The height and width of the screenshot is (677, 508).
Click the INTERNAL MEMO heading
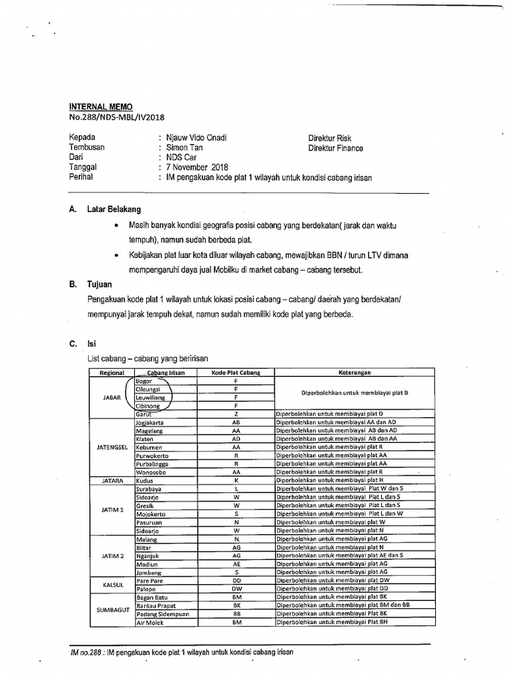coord(101,107)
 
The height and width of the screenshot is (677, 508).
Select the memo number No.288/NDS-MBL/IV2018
coord(116,118)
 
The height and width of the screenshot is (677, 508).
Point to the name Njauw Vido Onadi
coord(196,138)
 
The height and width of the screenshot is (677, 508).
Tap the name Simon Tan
coord(185,148)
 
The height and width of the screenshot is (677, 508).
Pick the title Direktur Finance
coord(335,148)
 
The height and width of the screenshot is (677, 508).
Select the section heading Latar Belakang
coord(114,210)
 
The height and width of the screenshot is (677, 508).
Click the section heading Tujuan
coord(99,284)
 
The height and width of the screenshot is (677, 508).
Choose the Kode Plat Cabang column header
coord(235,372)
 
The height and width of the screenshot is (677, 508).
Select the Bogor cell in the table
coord(144,381)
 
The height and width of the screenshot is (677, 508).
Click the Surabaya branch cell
coord(149,489)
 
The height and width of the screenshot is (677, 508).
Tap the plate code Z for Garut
coord(236,414)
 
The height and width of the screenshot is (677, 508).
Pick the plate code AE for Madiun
coord(236,564)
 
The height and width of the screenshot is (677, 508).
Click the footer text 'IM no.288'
coord(87,652)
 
